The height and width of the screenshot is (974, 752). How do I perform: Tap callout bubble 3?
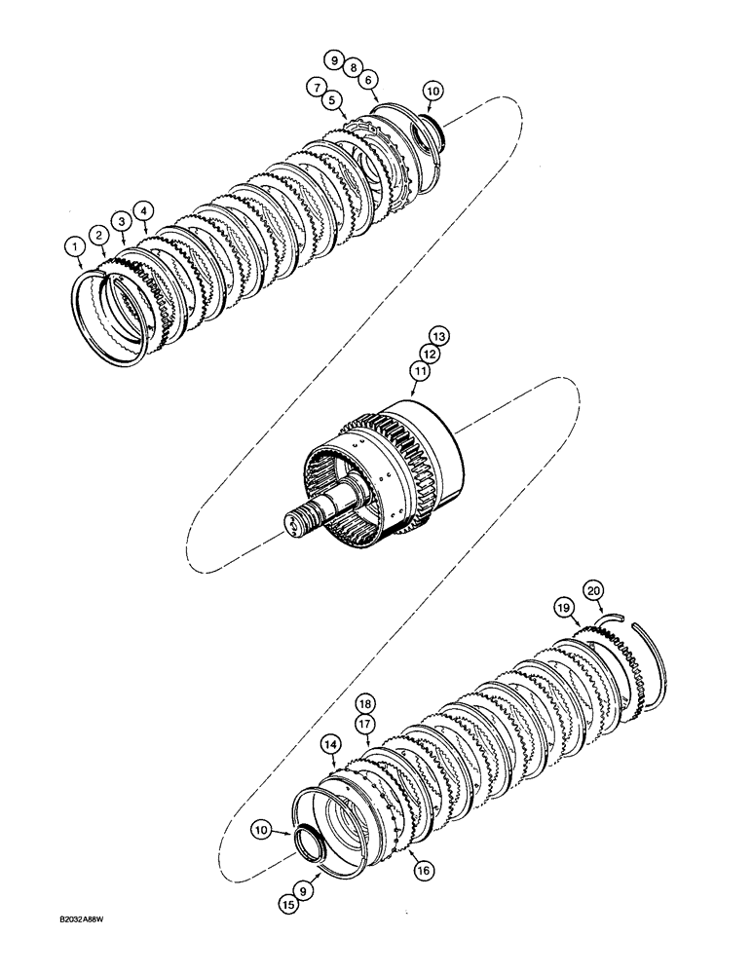pyautogui.click(x=121, y=222)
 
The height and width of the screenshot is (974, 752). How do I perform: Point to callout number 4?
pyautogui.click(x=143, y=210)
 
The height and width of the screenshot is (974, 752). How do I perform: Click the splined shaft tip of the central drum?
pyautogui.click(x=295, y=523)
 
